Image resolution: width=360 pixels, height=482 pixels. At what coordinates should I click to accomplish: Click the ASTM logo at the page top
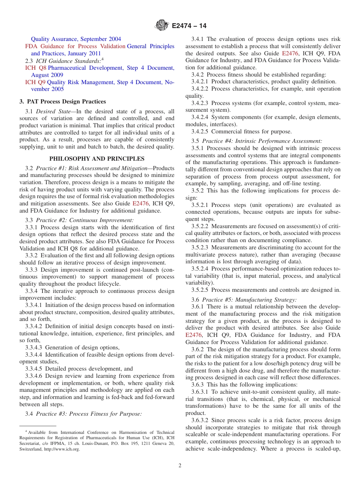pyautogui.click(x=162, y=26)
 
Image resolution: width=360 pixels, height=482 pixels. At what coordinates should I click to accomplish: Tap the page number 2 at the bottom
pyautogui.click(x=180, y=466)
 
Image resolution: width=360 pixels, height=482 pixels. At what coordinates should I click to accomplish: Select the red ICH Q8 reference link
pyautogui.click(x=36, y=68)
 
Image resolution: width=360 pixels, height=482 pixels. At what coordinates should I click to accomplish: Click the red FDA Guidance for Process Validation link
pyautogui.click(x=75, y=46)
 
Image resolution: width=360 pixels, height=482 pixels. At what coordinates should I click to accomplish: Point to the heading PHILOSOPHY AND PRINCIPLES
pyautogui.click(x=97, y=159)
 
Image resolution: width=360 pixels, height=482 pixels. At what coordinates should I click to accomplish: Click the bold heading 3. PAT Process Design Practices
pyautogui.click(x=63, y=102)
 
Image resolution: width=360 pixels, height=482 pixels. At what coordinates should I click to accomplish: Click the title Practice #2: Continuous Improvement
pyautogui.click(x=85, y=220)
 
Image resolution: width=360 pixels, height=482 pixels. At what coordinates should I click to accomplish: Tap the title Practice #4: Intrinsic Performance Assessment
pyautogui.click(x=262, y=141)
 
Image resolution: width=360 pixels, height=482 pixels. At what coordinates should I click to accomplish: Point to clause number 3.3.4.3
pyautogui.click(x=34, y=347)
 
